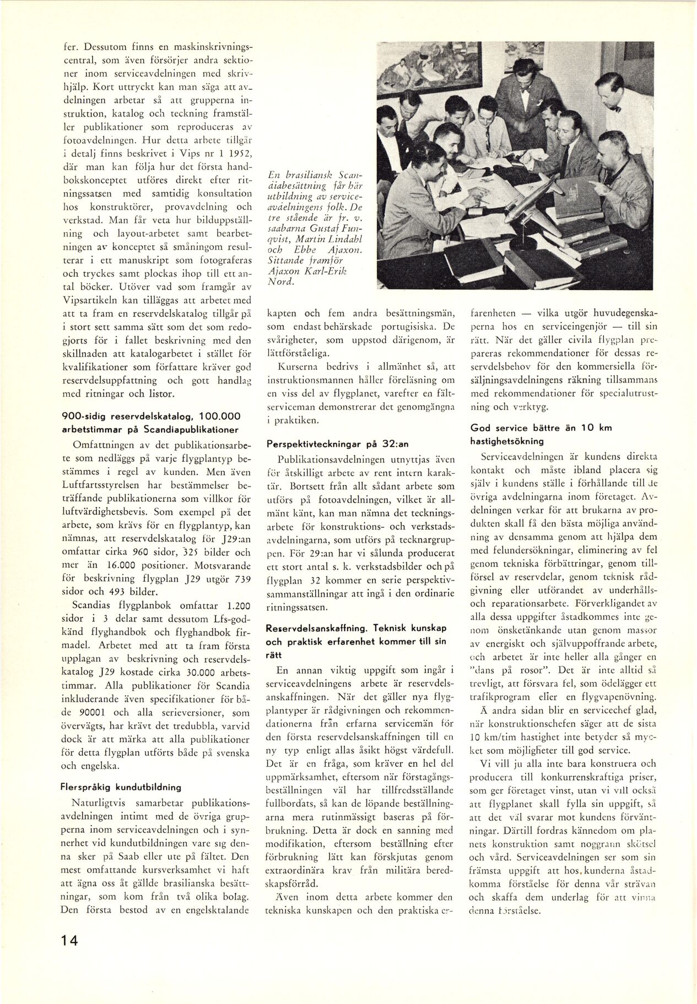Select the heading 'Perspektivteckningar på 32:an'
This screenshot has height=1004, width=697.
click(x=337, y=444)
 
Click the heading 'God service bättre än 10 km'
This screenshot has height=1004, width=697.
click(x=541, y=427)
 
